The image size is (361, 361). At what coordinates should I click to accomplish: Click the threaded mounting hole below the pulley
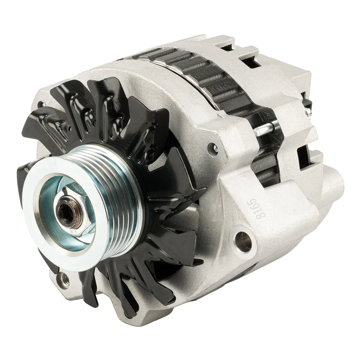[x=65, y=279]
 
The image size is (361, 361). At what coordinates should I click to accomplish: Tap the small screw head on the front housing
[x=215, y=149]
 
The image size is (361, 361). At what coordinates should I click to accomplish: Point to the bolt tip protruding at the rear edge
[x=308, y=111]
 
